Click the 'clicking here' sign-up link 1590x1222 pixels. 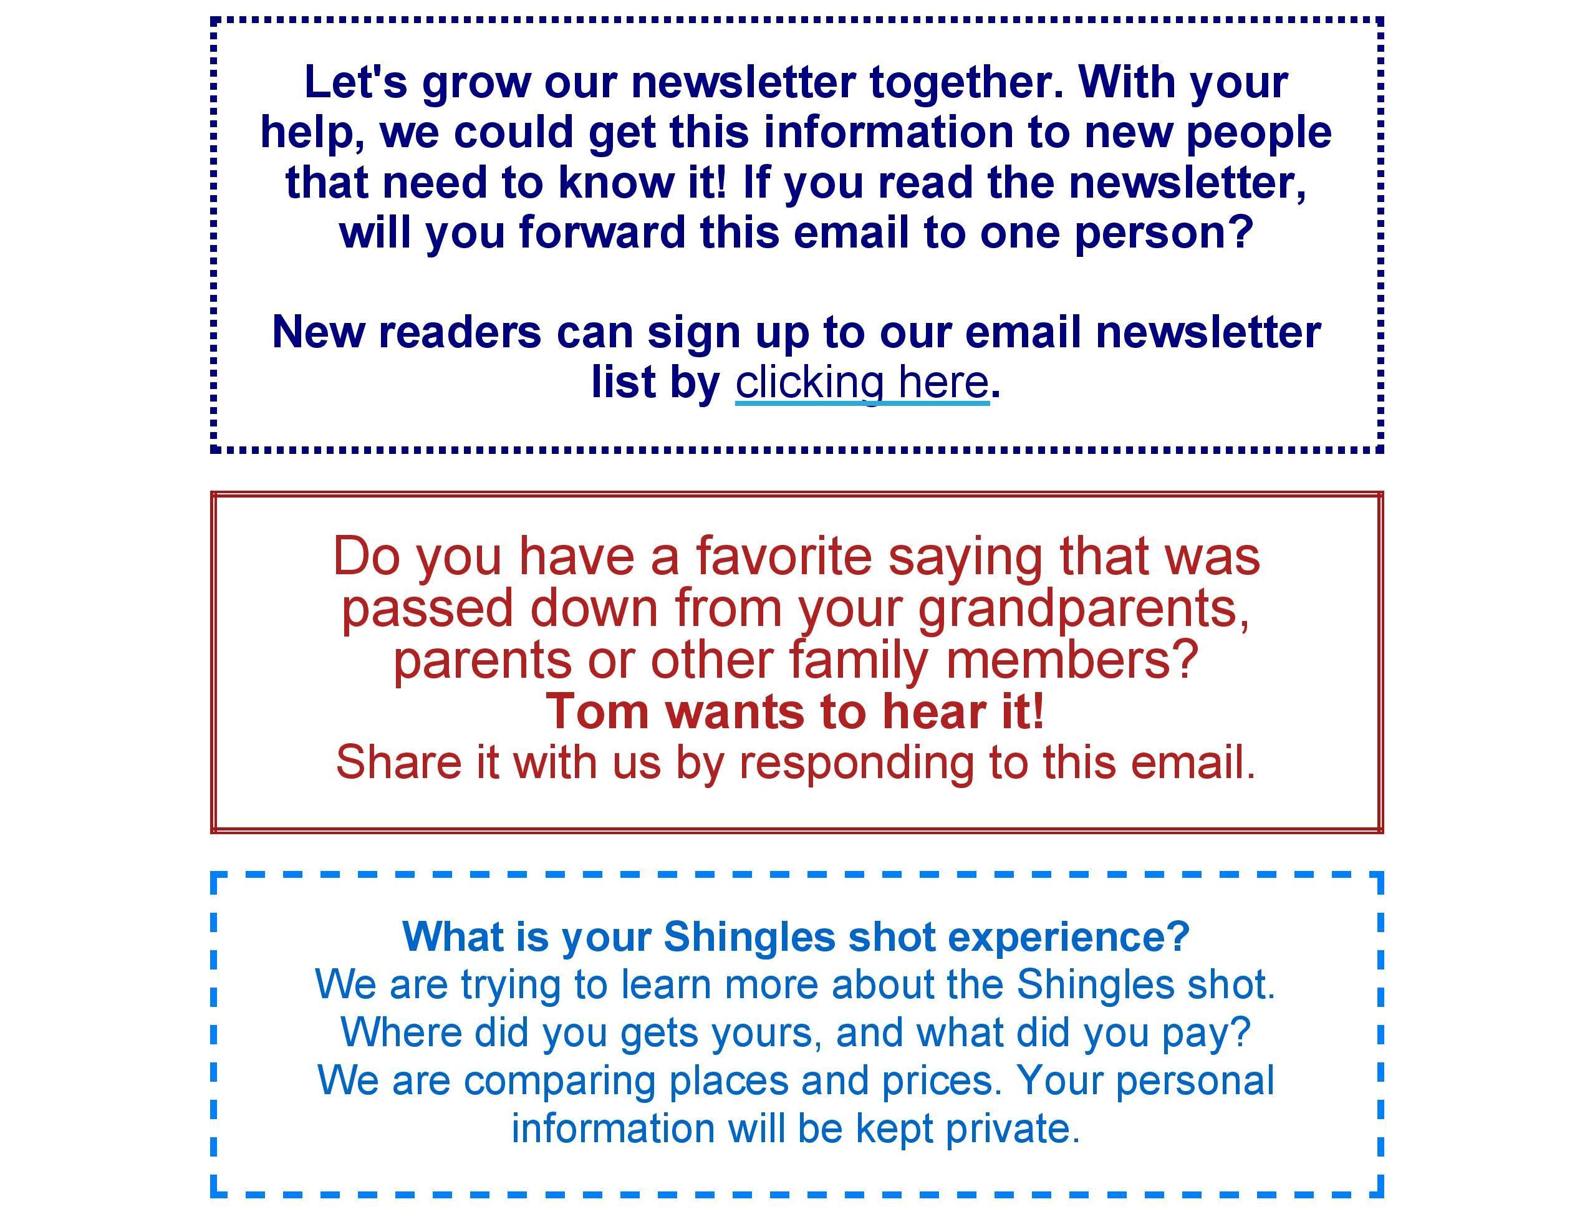pos(862,383)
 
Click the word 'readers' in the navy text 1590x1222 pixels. pos(460,332)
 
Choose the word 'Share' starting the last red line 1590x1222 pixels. pos(398,762)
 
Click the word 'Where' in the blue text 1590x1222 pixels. pos(401,1032)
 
